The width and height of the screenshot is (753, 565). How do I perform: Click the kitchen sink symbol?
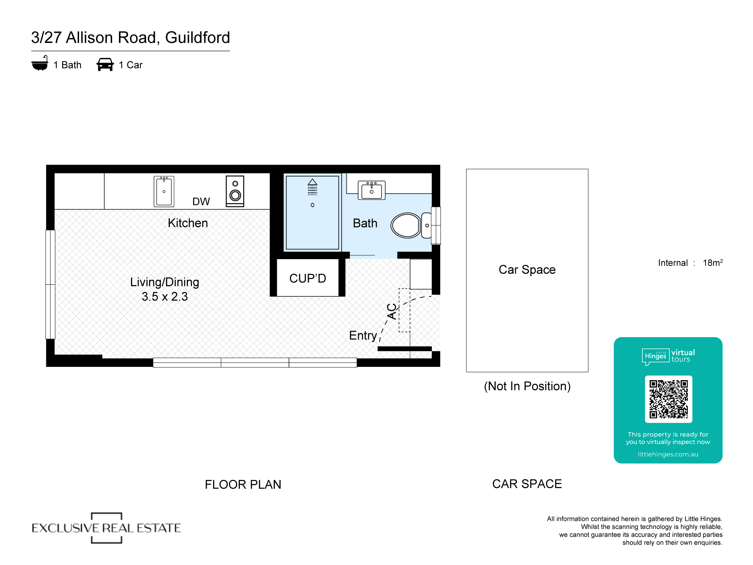point(164,191)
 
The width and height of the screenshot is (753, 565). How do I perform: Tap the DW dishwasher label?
point(201,202)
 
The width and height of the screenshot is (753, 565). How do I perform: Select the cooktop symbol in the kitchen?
point(235,191)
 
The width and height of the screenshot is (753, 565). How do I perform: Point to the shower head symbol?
point(312,187)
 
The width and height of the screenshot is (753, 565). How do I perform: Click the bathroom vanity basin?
point(371,190)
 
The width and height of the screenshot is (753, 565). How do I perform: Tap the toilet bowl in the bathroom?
point(406,225)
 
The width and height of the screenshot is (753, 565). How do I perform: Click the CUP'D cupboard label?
point(308,278)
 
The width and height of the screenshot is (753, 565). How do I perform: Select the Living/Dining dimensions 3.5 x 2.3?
point(165,297)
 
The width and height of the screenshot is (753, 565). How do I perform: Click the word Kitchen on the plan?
point(188,223)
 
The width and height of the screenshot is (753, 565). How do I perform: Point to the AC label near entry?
point(392,312)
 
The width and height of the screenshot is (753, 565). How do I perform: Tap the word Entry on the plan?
point(363,335)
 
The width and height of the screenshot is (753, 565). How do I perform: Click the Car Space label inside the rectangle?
point(527,270)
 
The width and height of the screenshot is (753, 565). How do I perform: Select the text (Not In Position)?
point(527,386)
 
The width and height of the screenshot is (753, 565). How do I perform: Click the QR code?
point(668,399)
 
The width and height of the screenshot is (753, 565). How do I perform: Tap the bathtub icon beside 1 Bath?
point(40,64)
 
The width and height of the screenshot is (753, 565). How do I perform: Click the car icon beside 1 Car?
point(105,64)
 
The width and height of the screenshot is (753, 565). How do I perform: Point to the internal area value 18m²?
point(712,263)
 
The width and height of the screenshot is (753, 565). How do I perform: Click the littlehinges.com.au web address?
point(668,454)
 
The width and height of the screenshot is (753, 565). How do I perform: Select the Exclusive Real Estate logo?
point(107,528)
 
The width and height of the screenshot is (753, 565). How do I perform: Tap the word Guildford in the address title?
point(197,38)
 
